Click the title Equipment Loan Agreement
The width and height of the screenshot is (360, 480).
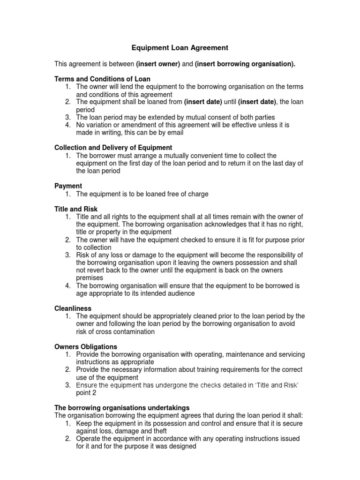pos(180,47)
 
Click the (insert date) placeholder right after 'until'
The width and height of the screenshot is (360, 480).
pos(257,102)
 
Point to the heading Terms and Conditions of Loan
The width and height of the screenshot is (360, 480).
pos(103,79)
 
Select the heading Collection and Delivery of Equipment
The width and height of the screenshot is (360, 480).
pos(113,148)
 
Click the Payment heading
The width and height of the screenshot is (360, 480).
pos(68,186)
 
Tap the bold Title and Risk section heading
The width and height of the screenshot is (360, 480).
pos(76,209)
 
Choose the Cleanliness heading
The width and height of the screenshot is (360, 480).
pos(73,308)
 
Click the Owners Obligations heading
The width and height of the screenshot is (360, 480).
pos(86,347)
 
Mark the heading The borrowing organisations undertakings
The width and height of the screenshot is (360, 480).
pos(122,408)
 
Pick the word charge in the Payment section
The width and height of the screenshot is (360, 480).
pos(197,194)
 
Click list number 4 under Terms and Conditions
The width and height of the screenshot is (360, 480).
pos(68,125)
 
